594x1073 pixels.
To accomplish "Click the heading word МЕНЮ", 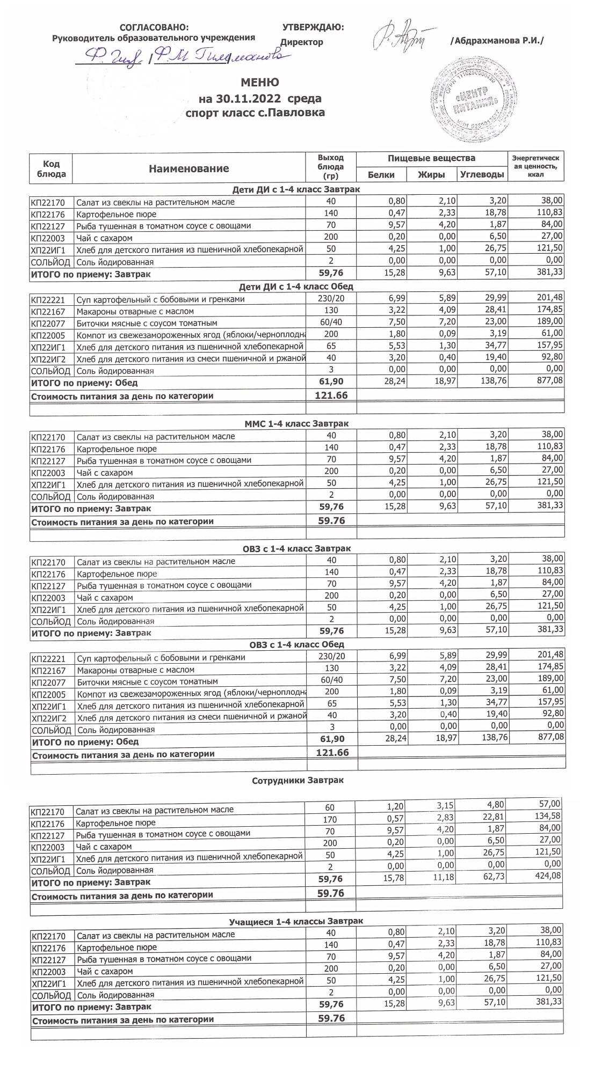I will tap(260, 83).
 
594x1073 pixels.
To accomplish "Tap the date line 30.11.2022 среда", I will tap(260, 99).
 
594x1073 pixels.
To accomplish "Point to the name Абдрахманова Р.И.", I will tap(497, 41).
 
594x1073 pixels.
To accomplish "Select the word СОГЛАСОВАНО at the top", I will tap(154, 27).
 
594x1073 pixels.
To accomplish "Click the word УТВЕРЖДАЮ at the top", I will tap(313, 27).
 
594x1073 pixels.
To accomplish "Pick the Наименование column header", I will tap(189, 168).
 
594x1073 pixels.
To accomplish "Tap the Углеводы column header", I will tap(482, 175).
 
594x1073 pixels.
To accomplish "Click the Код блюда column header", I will tap(51, 168).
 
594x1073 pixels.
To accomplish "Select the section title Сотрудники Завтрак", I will tap(298, 781).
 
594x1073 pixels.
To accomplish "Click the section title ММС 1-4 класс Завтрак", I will tap(296, 424).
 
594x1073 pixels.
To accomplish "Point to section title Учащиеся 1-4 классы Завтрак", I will tap(296, 921).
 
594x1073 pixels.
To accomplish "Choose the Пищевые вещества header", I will tap(432, 158).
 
